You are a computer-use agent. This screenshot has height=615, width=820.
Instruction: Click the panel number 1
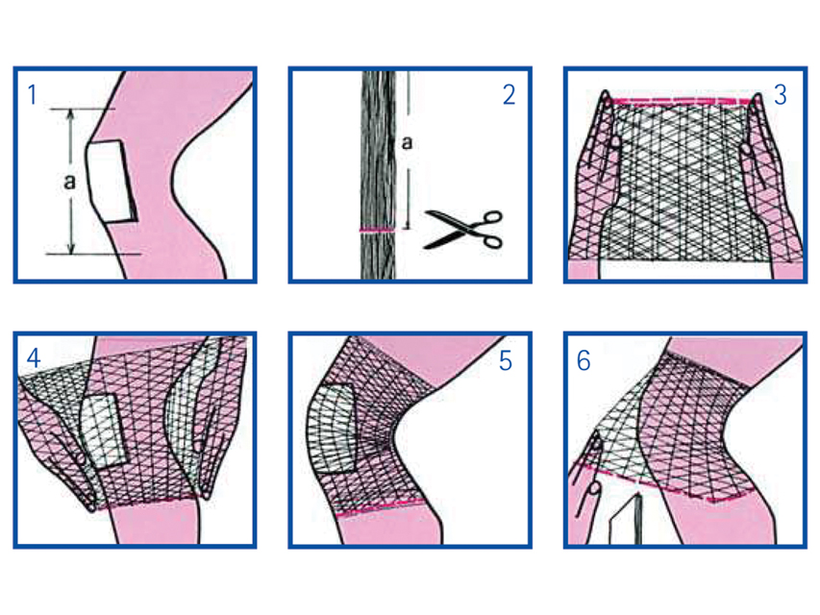click(32, 95)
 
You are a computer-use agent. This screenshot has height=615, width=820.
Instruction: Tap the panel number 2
click(509, 94)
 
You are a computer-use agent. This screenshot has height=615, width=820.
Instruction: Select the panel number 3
click(780, 94)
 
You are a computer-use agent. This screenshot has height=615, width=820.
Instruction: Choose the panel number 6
click(584, 361)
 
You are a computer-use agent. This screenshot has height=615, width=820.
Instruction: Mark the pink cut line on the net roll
click(377, 231)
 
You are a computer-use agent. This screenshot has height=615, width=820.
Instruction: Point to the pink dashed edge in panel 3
click(682, 101)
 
